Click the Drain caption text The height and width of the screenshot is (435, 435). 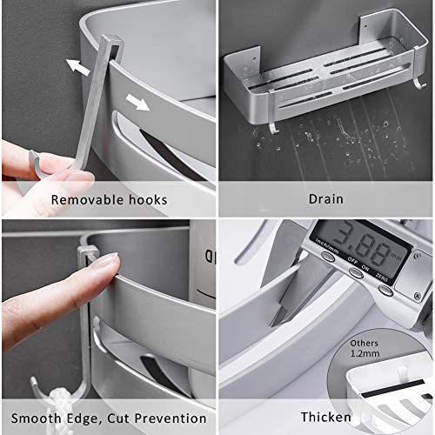click(326, 199)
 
